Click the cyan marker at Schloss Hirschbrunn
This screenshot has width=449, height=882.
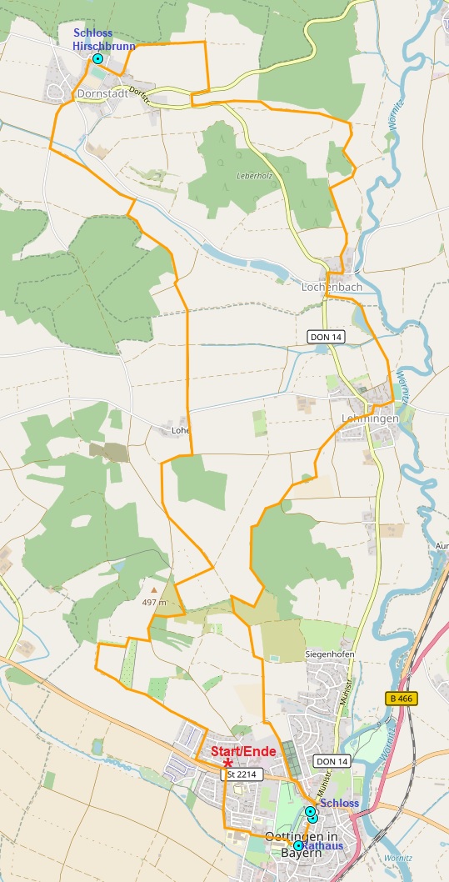point(97,59)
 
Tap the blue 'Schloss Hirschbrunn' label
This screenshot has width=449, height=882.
point(104,40)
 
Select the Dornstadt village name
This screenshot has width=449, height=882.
point(102,94)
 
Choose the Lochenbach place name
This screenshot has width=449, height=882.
point(331,287)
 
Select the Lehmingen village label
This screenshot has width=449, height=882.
point(370,418)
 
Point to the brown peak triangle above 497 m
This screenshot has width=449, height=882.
point(153,590)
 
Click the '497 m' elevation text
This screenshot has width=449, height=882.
point(154,602)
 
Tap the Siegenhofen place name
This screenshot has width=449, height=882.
point(330,654)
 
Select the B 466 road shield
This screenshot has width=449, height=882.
point(402,698)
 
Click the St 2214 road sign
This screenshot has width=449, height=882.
point(242,774)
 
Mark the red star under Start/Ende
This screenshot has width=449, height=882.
point(227,763)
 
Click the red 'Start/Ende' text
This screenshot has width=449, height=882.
point(242,750)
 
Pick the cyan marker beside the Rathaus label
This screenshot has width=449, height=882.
point(298,845)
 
